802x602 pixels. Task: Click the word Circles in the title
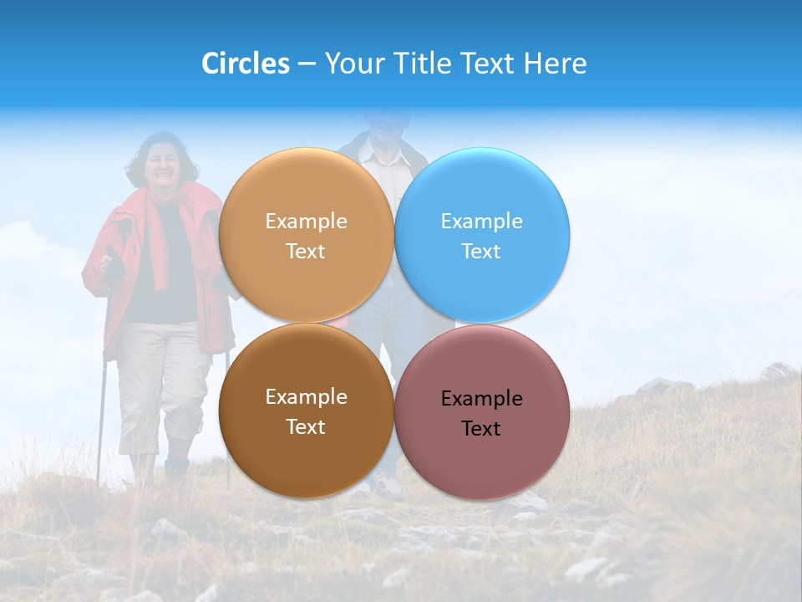(245, 64)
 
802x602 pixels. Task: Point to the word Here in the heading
(555, 64)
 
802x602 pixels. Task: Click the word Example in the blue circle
(481, 222)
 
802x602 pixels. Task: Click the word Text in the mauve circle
(481, 429)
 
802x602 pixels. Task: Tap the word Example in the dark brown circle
(306, 397)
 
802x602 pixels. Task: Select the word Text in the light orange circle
(306, 252)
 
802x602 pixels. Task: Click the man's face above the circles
(386, 125)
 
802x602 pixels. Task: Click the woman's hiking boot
(176, 465)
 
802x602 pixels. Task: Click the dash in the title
(307, 64)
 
